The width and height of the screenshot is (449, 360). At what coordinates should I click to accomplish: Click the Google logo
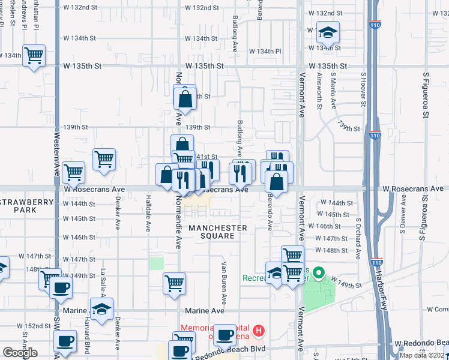[x=20, y=352]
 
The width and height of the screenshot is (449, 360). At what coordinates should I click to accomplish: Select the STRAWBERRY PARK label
[x=27, y=206]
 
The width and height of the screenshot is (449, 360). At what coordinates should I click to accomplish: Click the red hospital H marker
[x=258, y=330]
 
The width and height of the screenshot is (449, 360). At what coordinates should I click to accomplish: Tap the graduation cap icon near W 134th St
[x=328, y=32]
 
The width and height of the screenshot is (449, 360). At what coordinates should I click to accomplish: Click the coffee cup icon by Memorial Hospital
[x=225, y=335]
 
